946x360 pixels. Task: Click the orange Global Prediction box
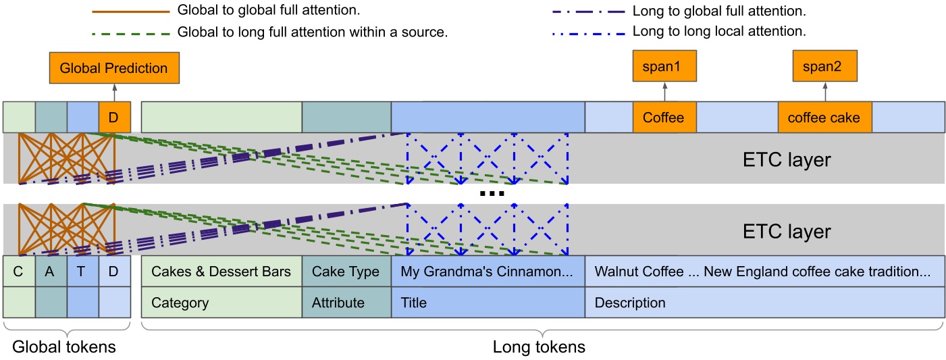[113, 68]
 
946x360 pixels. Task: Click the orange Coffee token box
[664, 118]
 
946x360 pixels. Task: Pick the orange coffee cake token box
[824, 118]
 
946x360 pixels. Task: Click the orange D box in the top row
[114, 118]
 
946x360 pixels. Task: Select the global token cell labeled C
[19, 272]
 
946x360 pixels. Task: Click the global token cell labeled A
[51, 272]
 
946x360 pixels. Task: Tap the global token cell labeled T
[82, 272]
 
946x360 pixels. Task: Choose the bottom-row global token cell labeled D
[114, 272]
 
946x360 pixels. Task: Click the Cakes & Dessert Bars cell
[221, 272]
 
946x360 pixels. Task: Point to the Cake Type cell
[346, 272]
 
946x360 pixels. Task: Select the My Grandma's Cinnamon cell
[487, 272]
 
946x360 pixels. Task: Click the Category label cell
[221, 303]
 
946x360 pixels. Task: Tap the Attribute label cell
[346, 303]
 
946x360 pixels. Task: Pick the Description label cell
[764, 303]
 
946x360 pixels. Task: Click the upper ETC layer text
[787, 160]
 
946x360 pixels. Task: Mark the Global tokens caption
[64, 347]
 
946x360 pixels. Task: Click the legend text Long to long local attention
[719, 32]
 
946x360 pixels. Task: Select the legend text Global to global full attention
[268, 11]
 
